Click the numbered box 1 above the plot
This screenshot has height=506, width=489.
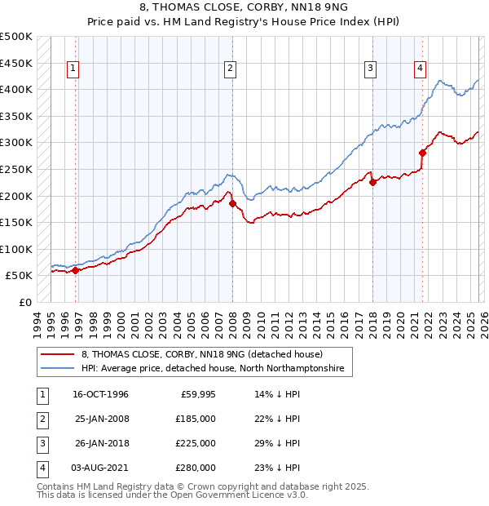(73, 69)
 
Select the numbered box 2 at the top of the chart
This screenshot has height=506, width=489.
(231, 69)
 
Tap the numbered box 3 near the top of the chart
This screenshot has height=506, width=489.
(370, 69)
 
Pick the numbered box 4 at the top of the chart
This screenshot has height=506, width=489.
(420, 69)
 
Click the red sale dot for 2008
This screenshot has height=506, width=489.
(232, 203)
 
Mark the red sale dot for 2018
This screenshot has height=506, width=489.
(372, 183)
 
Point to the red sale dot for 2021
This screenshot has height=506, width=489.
(422, 153)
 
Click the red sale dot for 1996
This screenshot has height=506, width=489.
(76, 270)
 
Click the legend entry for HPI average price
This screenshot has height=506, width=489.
(213, 369)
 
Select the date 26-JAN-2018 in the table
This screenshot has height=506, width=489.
(102, 443)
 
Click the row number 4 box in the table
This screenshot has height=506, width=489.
(42, 468)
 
